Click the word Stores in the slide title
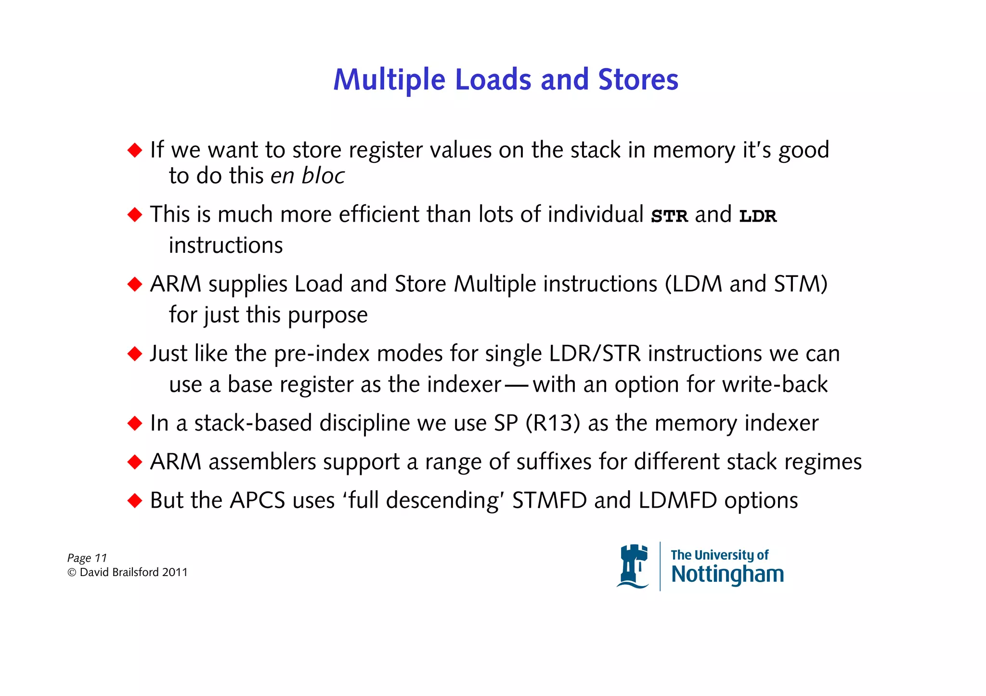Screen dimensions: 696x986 (x=638, y=79)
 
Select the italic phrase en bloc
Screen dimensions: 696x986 (x=307, y=176)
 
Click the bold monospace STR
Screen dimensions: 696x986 (x=669, y=216)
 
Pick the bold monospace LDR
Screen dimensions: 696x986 (x=758, y=216)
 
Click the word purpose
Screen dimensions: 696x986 (x=327, y=315)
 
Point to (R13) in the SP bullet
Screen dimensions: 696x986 (x=553, y=423)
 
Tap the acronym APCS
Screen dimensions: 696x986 (x=258, y=500)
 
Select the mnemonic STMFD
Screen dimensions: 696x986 (x=549, y=500)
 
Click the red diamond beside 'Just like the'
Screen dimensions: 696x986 (x=135, y=354)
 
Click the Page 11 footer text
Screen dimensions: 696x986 (x=87, y=558)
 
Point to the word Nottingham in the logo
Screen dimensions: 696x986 (x=727, y=575)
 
